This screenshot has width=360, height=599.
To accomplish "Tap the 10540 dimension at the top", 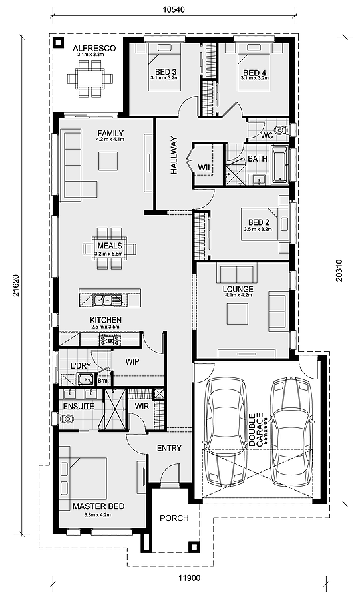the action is pos(174,9).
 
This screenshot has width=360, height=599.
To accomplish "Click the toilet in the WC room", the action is pos(282,130).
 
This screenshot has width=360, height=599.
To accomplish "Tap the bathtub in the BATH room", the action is pos(280,164).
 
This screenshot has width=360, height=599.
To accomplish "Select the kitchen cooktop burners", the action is pos(110,339).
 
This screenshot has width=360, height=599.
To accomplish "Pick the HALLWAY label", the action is pos(174,156).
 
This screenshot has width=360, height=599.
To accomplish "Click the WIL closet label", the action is pos(205,167).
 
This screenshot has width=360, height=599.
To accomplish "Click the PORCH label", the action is pos(174,518).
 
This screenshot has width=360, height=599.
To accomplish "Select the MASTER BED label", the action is pos(98,506).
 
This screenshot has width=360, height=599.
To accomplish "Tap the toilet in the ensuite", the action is pos(65,419).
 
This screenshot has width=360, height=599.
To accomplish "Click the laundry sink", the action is pos(86,380).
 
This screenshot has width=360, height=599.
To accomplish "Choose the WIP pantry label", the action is pos(132,361).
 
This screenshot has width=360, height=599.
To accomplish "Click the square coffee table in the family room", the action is pos(108,161).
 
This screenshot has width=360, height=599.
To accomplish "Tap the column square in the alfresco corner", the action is pos(58,43).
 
